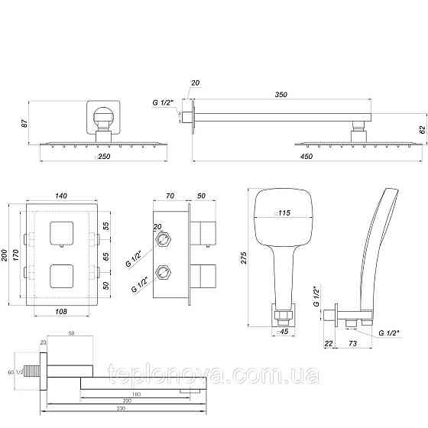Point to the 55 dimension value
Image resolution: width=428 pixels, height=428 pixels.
coord(106,226)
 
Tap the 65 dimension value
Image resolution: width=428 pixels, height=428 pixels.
coord(106,257)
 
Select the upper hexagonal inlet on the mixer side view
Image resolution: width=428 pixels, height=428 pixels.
coord(163,239)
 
